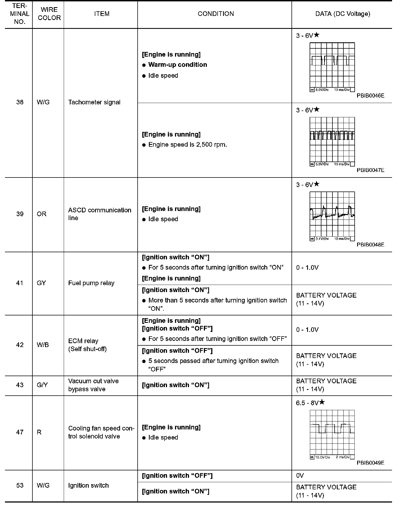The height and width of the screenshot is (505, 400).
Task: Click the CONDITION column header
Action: pos(216,14)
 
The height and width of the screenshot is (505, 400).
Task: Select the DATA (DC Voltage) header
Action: pos(343,14)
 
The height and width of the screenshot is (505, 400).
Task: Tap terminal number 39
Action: pos(20,214)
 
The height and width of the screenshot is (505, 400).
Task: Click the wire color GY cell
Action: pos(41,283)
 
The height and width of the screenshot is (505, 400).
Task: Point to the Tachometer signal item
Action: pos(94,102)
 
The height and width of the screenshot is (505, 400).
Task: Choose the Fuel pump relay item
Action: pos(91,283)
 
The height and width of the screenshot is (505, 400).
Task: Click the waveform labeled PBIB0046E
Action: pos(332,67)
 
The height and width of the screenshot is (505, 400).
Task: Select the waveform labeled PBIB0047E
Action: pos(332,141)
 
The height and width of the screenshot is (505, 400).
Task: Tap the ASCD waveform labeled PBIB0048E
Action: pos(332,216)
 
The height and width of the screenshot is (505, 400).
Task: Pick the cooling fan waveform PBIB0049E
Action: pos(332,434)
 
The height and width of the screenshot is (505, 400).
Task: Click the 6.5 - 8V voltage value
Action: pos(307,403)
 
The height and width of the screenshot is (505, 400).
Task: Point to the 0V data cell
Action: pos(300,476)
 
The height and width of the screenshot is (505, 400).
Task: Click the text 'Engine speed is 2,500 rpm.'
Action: pos(188,145)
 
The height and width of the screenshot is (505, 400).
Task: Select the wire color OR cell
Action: pos(41,214)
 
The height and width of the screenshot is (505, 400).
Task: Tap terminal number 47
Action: pos(20,432)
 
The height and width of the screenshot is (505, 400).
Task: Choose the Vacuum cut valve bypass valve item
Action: pos(93,385)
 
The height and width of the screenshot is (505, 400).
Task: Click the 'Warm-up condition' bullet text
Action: pos(177,65)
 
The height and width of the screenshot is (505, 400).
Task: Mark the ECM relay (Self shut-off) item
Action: pos(87,345)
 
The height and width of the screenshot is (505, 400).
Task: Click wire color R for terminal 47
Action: pos(39,432)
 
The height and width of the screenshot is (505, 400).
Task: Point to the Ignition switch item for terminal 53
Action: pos(88,485)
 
